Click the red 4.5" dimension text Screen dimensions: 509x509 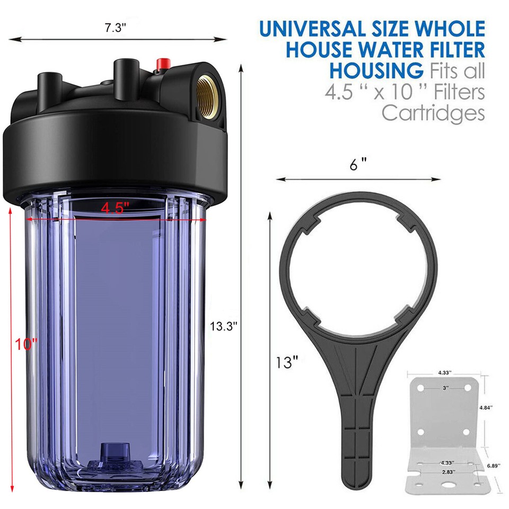(116, 209)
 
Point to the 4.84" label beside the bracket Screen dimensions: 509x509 (485, 408)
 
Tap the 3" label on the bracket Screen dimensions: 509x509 (445, 388)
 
